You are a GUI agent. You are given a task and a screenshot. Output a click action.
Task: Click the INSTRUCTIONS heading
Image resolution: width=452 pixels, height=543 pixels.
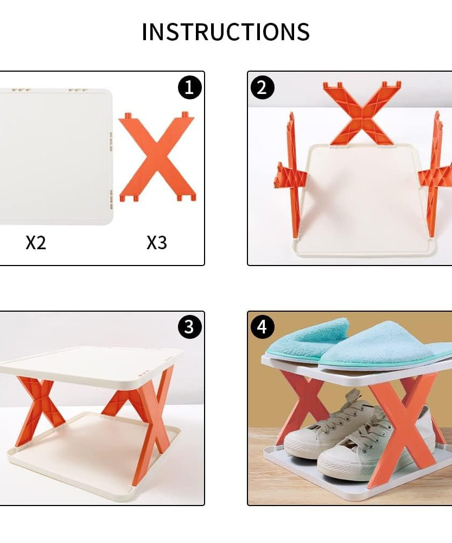pos(226,32)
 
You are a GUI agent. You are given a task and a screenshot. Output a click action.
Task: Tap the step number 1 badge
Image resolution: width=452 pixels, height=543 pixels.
pos(189,87)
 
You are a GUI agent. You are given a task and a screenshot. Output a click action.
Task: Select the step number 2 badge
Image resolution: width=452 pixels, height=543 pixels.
pos(263,87)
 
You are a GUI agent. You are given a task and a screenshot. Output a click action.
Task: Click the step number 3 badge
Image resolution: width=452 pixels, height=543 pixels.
pos(189,327)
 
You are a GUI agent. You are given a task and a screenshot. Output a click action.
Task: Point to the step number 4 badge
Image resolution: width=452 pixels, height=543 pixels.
pos(263,327)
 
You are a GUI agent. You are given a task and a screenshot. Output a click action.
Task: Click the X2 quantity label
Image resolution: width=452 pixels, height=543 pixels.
pos(36,243)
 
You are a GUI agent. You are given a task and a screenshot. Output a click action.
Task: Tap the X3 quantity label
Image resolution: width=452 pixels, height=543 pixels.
pos(156,243)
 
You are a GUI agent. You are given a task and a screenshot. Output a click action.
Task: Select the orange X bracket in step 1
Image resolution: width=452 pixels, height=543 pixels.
pos(157,157)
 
